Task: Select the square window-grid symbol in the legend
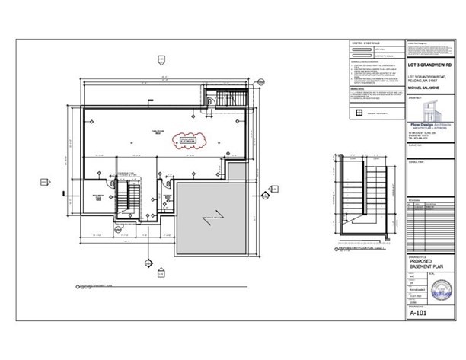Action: click(x=356, y=113)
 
